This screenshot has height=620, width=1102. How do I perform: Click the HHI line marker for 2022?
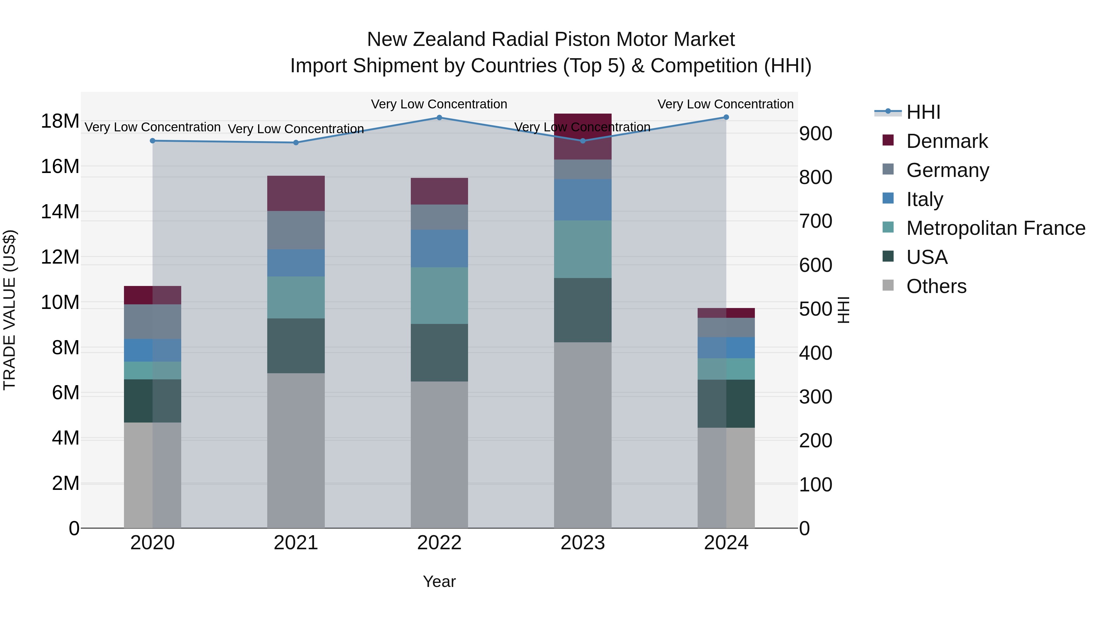pos(439,118)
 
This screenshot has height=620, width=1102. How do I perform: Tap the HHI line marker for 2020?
pos(153,141)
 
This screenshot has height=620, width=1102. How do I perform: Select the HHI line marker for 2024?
pos(726,117)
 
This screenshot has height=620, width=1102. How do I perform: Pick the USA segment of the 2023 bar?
pos(583,310)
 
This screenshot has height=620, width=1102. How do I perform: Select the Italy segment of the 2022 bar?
pos(439,249)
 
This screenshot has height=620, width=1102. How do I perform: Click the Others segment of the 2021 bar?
pos(296,450)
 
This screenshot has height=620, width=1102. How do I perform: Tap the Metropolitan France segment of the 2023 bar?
pos(583,250)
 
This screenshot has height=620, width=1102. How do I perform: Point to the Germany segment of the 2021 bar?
pos(296,230)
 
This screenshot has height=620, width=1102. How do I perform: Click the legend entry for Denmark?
pos(947,141)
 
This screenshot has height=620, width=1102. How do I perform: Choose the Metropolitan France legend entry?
pos(995,228)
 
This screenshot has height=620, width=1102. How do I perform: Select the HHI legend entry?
pos(923,112)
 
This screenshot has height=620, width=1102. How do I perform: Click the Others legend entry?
pos(936,286)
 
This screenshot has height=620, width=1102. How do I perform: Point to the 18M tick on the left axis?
pos(60,121)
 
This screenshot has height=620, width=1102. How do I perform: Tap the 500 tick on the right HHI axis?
pos(815,309)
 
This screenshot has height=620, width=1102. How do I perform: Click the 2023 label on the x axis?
pos(583,543)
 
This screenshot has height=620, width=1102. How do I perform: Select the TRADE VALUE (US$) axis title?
pos(9,310)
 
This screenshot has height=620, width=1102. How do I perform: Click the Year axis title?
pos(439,581)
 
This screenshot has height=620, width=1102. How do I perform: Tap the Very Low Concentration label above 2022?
pos(439,104)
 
